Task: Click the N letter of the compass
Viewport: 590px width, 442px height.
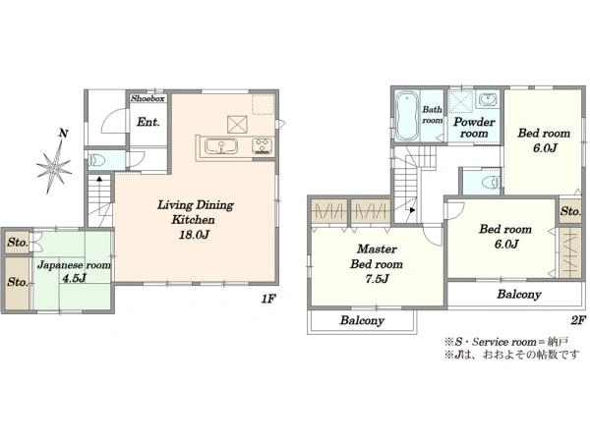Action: click(64, 133)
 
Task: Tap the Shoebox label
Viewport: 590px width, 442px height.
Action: click(147, 98)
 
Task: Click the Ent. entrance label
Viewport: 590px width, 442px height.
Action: click(147, 122)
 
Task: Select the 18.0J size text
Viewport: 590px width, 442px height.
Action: click(194, 235)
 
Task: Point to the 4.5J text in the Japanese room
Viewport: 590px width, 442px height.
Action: click(74, 279)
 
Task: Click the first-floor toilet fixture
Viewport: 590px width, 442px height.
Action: click(96, 160)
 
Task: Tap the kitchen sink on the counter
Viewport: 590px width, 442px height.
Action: click(221, 146)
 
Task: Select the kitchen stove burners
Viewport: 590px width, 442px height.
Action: click(263, 145)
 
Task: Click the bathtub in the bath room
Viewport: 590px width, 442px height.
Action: click(406, 116)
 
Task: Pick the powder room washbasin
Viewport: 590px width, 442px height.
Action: click(488, 100)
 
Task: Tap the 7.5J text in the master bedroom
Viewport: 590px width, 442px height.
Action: click(377, 279)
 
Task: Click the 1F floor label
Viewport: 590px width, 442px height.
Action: click(268, 300)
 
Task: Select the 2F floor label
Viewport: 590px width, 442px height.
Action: click(579, 320)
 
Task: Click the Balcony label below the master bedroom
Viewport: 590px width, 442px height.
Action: click(362, 320)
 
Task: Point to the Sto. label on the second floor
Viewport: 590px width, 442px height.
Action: click(570, 211)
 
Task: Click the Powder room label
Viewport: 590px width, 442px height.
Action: click(474, 128)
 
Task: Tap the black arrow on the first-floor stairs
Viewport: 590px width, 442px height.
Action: click(99, 179)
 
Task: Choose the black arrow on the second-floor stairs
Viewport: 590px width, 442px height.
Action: click(412, 210)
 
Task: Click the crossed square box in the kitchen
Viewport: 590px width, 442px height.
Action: click(237, 125)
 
